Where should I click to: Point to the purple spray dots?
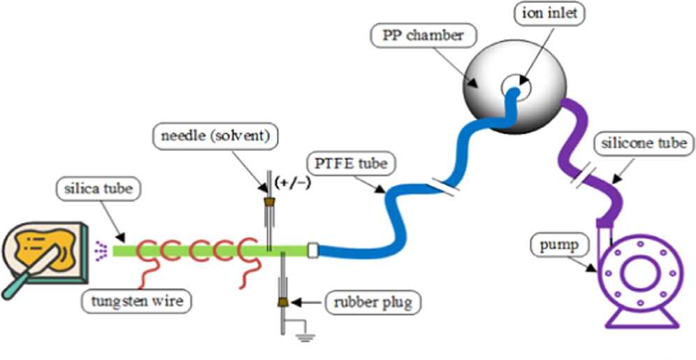tap(101, 247)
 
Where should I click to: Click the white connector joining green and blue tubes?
tap(313, 248)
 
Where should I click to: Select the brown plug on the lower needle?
tap(283, 302)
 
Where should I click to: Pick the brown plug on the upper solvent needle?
tap(267, 203)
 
